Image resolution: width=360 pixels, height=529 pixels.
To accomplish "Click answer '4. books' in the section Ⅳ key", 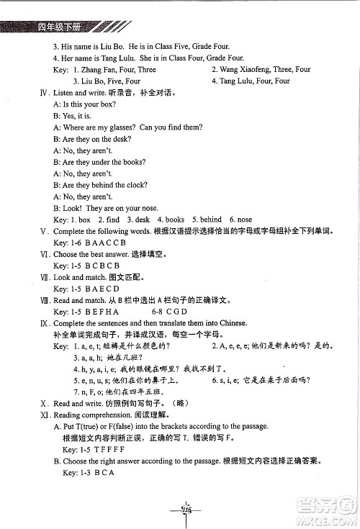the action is pos(171,220).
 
